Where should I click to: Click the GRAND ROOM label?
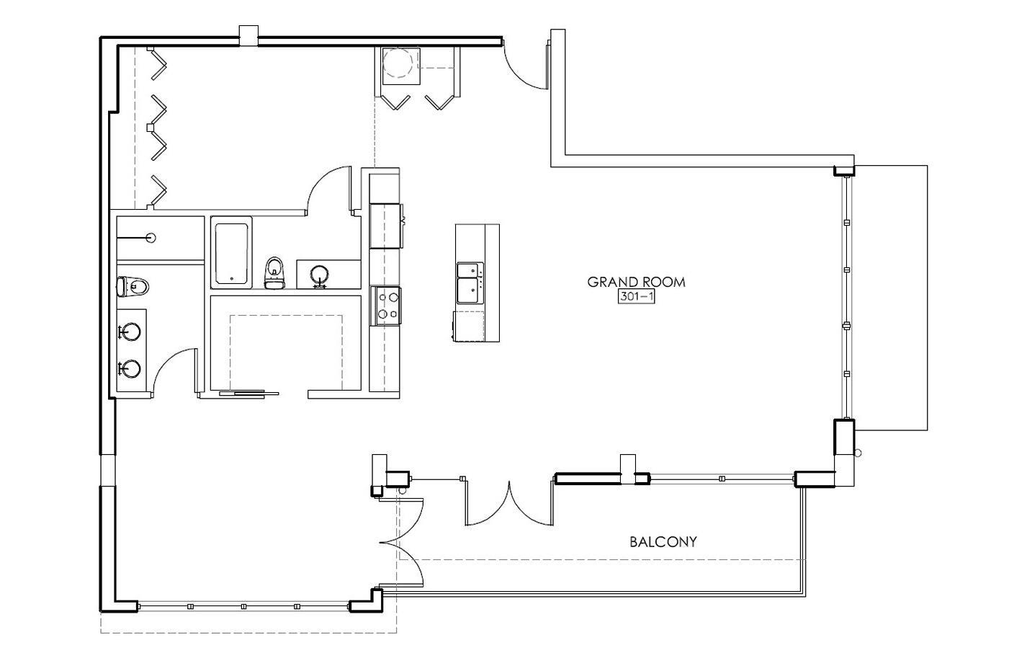pyautogui.click(x=636, y=282)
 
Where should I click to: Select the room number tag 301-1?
pyautogui.click(x=636, y=296)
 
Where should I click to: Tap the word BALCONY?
pyautogui.click(x=663, y=542)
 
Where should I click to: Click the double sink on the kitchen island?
pyautogui.click(x=470, y=283)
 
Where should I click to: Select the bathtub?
pyautogui.click(x=231, y=253)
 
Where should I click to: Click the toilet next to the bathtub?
pyautogui.click(x=274, y=272)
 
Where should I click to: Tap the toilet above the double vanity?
pyautogui.click(x=132, y=287)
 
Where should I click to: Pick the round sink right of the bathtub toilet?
pyautogui.click(x=320, y=275)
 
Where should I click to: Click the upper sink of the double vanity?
pyautogui.click(x=130, y=332)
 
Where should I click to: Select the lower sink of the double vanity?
pyautogui.click(x=130, y=369)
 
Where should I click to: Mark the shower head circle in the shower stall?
pyautogui.click(x=151, y=238)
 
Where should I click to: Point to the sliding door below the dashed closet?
pyautogui.click(x=248, y=394)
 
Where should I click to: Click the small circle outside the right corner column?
pyautogui.click(x=857, y=453)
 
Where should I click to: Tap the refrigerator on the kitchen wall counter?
pyautogui.click(x=385, y=226)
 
